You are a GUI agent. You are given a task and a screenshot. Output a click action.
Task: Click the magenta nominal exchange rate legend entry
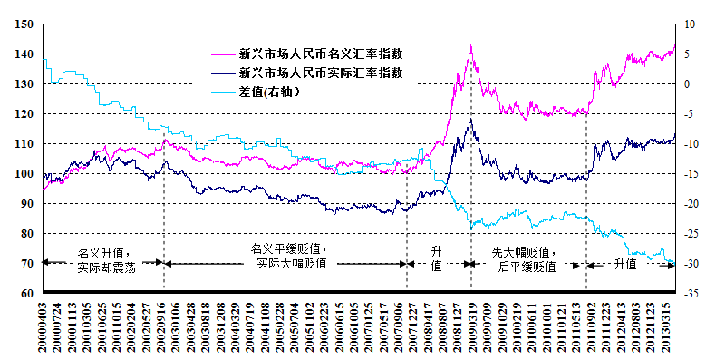[320, 52]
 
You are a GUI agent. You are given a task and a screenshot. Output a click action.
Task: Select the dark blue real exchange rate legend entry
[320, 72]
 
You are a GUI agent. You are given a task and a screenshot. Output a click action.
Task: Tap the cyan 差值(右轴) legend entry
[269, 92]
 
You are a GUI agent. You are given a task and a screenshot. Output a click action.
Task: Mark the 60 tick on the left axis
[27, 294]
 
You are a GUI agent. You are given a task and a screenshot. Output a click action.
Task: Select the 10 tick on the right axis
[689, 24]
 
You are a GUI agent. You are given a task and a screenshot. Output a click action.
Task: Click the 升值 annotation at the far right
[625, 264]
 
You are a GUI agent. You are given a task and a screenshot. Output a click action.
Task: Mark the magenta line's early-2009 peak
[470, 46]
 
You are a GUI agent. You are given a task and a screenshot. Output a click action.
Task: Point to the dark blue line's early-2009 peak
[469, 119]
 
